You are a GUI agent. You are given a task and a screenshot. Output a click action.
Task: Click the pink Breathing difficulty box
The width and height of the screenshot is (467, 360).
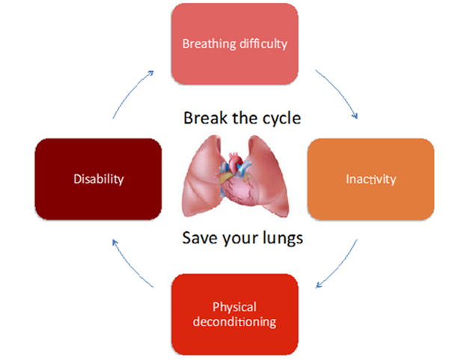tap(235, 44)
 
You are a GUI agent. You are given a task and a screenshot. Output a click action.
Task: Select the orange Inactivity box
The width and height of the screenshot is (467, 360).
tap(370, 179)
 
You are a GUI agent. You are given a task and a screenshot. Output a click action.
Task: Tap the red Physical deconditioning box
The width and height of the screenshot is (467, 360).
tap(235, 314)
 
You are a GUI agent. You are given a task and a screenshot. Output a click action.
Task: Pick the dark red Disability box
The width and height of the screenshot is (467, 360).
tap(98, 179)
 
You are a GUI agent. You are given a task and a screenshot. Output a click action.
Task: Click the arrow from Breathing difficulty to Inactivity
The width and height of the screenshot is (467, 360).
tap(340, 91)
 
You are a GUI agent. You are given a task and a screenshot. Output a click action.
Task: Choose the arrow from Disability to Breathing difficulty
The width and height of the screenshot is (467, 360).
tap(130, 91)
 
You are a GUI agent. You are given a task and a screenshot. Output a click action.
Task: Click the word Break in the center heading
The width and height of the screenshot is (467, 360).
tap(205, 118)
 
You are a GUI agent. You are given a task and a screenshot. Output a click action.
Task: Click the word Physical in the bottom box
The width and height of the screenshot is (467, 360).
tap(234, 308)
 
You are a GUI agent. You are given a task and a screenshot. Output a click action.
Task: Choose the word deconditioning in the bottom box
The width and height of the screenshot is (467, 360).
tap(234, 322)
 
